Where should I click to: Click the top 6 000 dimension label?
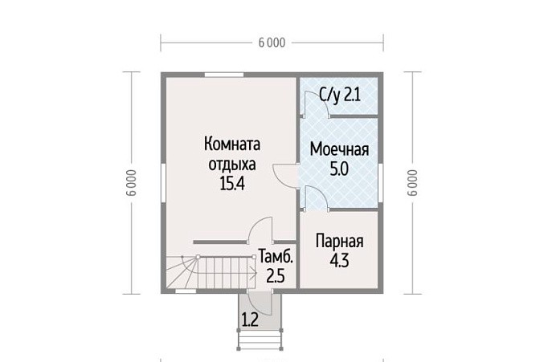click(272, 43)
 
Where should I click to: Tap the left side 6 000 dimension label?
click(132, 182)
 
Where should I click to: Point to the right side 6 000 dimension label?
click(412, 182)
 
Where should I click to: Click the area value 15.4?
click(232, 183)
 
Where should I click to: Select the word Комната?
click(232, 144)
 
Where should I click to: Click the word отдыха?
click(232, 165)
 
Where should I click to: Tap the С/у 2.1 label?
click(340, 95)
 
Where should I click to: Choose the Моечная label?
click(339, 149)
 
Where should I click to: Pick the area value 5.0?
click(339, 169)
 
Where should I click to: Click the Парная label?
click(339, 241)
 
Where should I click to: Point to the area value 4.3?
click(339, 261)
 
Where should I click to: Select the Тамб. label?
click(276, 257)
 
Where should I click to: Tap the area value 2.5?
click(276, 276)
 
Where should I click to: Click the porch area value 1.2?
click(250, 320)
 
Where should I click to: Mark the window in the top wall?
click(224, 75)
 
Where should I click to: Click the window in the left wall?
click(163, 182)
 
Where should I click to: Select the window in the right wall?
click(380, 182)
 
